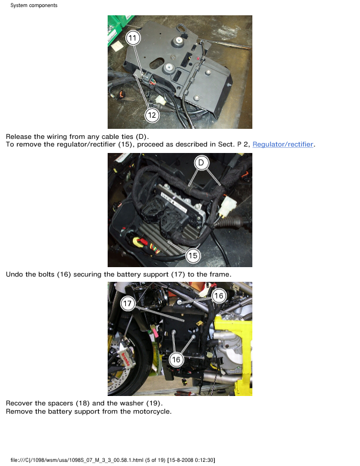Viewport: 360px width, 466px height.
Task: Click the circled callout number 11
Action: (133, 38)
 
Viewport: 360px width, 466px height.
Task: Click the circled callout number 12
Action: (152, 115)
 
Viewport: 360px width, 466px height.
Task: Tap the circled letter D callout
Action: (201, 162)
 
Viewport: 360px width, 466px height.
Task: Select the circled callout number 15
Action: (193, 255)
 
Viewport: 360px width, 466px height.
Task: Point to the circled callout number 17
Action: (128, 304)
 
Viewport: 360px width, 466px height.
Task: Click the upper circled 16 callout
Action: (219, 296)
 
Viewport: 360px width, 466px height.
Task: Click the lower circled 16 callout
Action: (176, 360)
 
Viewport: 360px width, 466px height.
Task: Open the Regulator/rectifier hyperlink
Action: (283, 144)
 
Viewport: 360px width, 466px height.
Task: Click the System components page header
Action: (34, 5)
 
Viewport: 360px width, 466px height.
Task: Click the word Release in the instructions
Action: (19, 137)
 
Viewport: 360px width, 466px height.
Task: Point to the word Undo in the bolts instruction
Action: (14, 274)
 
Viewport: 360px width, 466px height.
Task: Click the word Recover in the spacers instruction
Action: (19, 403)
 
